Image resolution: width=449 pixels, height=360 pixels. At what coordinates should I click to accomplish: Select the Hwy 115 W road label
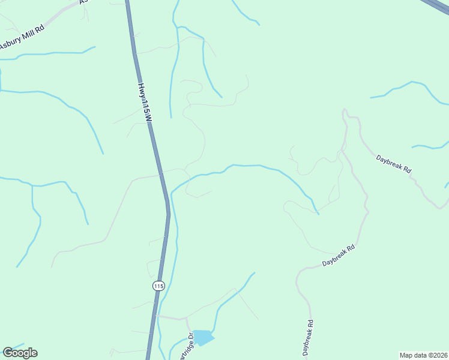(145, 103)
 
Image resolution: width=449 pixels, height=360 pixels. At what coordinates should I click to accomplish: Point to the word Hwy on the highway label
(142, 90)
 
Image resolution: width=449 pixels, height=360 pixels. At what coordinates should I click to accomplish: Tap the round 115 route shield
(158, 286)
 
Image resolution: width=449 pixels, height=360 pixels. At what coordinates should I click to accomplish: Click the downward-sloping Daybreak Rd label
(394, 164)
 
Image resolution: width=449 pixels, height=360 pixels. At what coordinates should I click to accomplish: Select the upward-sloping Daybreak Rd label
(339, 256)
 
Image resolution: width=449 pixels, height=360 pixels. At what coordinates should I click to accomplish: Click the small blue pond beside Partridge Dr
(203, 338)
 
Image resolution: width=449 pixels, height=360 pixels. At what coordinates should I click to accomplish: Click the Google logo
(20, 353)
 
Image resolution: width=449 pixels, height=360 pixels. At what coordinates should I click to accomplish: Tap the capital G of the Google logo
(8, 352)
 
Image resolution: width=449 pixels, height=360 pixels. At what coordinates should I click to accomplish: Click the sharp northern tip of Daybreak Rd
(344, 110)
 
